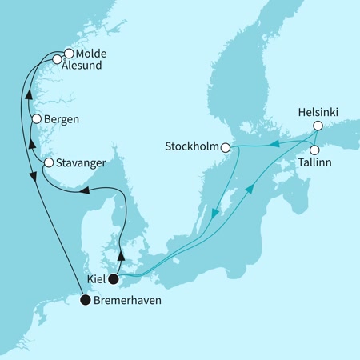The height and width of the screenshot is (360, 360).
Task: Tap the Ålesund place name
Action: (x=85, y=66)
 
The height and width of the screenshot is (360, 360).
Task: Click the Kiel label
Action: (x=96, y=281)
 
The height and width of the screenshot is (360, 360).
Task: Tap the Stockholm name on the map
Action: (x=193, y=147)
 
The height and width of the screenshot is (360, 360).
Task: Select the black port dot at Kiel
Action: (x=114, y=279)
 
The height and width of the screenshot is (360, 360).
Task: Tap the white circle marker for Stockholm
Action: (x=226, y=147)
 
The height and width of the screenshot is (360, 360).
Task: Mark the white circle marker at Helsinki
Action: (x=318, y=126)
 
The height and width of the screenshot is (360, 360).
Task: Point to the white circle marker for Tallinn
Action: (x=315, y=150)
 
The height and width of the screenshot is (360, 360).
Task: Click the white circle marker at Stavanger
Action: (x=48, y=162)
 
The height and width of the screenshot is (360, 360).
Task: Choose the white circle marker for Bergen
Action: (x=36, y=119)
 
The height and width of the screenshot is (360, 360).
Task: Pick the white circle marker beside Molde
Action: (x=68, y=54)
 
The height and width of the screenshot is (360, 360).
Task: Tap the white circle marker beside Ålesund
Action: (x=57, y=60)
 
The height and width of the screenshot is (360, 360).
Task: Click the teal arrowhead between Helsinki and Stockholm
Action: (x=273, y=144)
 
